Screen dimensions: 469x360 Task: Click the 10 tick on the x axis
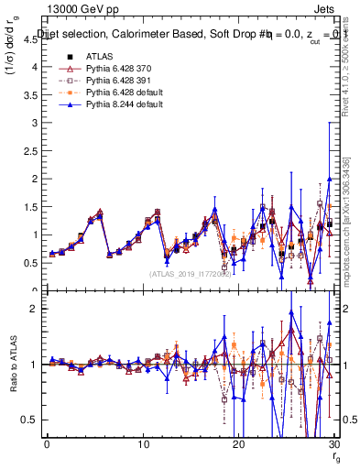[141, 444]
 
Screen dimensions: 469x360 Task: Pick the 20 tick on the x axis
[237, 444]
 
